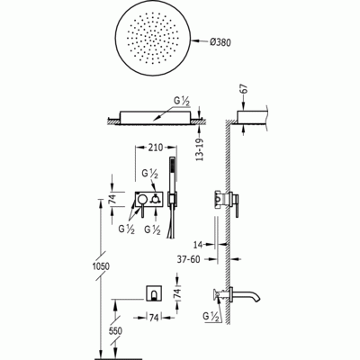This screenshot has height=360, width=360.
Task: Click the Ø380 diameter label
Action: (220, 42)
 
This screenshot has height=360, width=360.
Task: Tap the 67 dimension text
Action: (245, 88)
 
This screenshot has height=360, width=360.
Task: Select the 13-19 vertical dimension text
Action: (200, 149)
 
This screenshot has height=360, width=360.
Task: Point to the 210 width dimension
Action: (156, 148)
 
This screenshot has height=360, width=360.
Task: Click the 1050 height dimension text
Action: (101, 266)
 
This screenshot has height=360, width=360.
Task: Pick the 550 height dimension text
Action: (115, 331)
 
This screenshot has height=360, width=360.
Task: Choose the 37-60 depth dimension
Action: (188, 259)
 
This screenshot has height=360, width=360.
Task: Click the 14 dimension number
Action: (198, 245)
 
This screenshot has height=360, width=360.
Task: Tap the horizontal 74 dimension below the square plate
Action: (154, 318)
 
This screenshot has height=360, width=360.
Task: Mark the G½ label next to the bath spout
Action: (211, 316)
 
